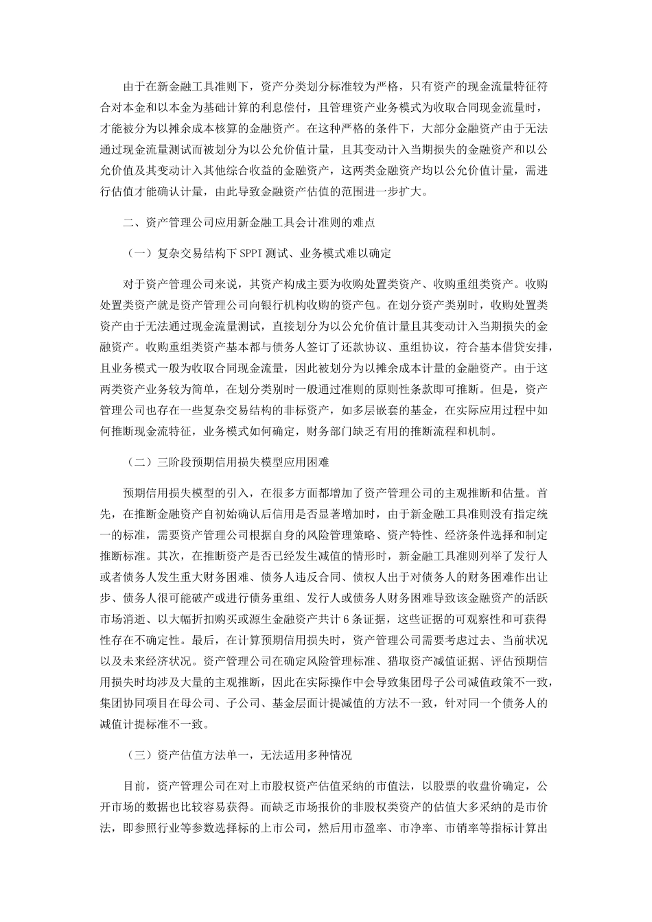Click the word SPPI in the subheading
(251, 254)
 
